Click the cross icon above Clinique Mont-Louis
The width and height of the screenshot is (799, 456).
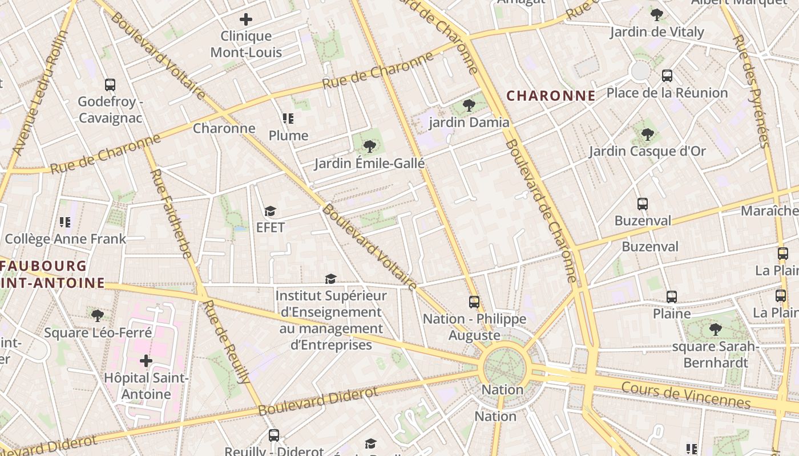click(246, 19)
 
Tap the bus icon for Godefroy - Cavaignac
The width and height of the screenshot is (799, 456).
click(110, 85)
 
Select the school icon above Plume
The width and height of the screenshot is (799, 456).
click(288, 119)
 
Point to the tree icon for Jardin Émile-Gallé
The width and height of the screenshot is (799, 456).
click(370, 146)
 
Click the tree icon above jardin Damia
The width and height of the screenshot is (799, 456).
click(469, 105)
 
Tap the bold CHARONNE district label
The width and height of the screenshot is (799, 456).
click(551, 96)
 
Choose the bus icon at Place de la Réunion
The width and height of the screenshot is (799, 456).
click(667, 76)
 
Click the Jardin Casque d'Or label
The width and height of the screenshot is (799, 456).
click(647, 152)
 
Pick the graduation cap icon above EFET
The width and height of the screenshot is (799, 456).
click(270, 211)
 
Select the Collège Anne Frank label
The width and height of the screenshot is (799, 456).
click(65, 239)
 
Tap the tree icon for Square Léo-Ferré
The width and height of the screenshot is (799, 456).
click(98, 315)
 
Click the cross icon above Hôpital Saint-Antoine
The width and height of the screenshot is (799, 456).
click(146, 361)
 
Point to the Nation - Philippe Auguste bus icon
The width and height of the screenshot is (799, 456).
click(474, 302)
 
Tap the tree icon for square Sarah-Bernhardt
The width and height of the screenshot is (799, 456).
click(715, 329)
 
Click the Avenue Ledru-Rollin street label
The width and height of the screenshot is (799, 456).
click(39, 93)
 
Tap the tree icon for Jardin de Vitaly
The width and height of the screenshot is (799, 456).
click(656, 15)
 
